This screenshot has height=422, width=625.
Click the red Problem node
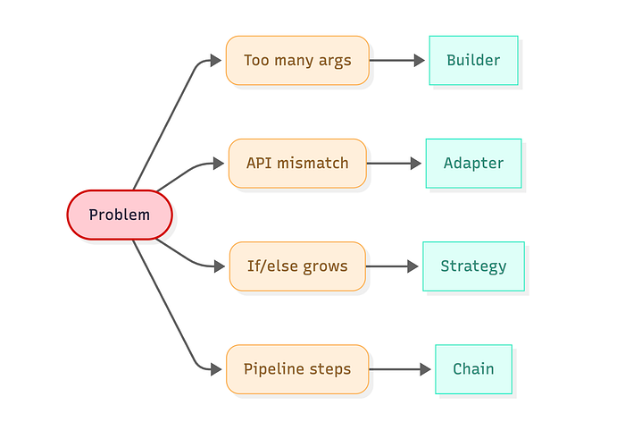coord(120,215)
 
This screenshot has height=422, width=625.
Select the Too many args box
coord(297,60)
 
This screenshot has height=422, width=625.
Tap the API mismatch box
coord(297,164)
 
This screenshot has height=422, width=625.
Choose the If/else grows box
coord(297,266)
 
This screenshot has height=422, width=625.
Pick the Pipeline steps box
coord(297,369)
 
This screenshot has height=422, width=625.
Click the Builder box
coord(473,60)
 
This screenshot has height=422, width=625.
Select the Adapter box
coord(473,164)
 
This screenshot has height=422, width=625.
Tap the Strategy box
coord(473,266)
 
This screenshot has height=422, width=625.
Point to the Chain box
coord(473,369)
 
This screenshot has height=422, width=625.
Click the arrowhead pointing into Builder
coord(420,60)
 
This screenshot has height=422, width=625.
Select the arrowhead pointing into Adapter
coord(417,164)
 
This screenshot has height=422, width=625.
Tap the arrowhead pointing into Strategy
coord(413,266)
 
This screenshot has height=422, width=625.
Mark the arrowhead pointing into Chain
coord(426,369)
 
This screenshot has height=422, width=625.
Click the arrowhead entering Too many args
coord(216,60)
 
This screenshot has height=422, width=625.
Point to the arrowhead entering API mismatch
coord(220,164)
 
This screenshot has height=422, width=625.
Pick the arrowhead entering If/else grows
coord(220,266)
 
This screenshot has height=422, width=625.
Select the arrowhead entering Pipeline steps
coord(217,369)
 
